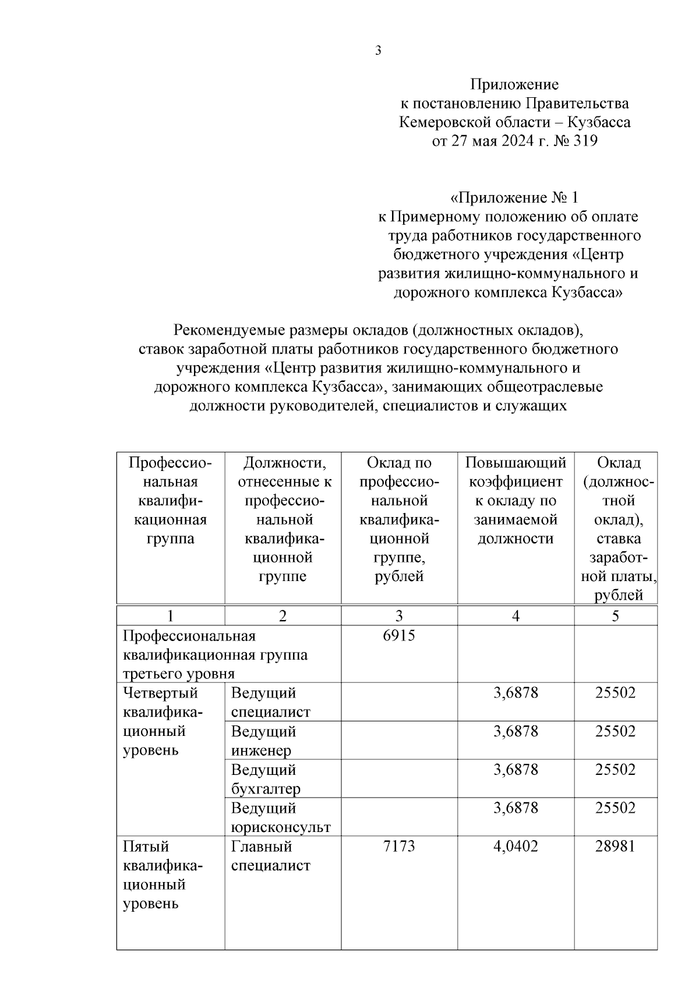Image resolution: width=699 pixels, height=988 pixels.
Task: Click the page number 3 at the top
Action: coord(378,51)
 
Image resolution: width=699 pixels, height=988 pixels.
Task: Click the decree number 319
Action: coord(584,141)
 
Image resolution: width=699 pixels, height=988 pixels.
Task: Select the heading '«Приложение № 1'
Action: coord(514,197)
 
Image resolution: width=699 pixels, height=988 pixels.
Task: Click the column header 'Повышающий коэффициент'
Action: coord(515,472)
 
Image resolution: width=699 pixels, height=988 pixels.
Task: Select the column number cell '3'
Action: coord(399,615)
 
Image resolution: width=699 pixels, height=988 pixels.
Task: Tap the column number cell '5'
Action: coord(615,615)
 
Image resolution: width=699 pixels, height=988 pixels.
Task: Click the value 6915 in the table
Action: coord(399,635)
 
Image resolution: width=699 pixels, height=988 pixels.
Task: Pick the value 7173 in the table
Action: coord(399,846)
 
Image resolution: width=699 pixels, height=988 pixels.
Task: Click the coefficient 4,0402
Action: coord(516,846)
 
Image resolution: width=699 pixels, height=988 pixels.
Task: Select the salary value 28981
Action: coord(615,846)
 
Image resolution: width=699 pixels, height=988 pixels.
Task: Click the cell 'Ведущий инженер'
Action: coord(263,741)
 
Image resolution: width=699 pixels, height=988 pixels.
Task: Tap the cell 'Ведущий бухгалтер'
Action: coord(266,779)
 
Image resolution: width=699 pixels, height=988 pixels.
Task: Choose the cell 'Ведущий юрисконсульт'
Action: coord(280,817)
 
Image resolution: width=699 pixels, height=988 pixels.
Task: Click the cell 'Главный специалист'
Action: coord(271,855)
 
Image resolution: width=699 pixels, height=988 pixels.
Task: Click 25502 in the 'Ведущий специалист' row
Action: coord(615,693)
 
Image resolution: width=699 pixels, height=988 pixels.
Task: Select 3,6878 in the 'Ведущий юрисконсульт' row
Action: coord(516,808)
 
